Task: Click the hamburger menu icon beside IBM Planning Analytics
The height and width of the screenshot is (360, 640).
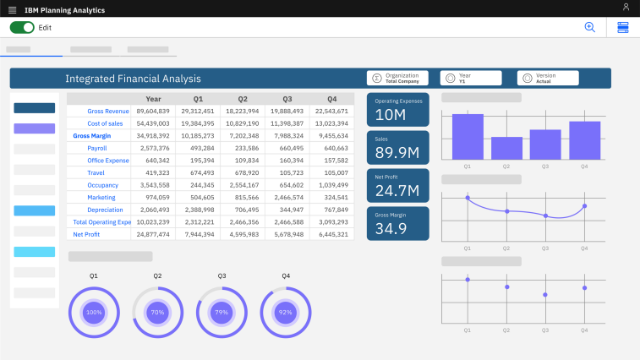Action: (x=12, y=8)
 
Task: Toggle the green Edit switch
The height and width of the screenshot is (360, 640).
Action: (x=22, y=27)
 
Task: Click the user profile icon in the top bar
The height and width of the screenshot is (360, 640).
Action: (x=626, y=8)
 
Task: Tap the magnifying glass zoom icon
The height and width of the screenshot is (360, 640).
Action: (x=590, y=27)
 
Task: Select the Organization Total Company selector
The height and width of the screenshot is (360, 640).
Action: (x=397, y=78)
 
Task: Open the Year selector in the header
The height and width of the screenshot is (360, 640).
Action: (x=470, y=78)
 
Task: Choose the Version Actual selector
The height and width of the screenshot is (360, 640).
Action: (x=547, y=78)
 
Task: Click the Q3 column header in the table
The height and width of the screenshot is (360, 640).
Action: (x=287, y=99)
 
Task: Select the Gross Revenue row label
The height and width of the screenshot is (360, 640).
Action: (x=108, y=111)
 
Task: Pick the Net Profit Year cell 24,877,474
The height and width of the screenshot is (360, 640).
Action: (x=153, y=234)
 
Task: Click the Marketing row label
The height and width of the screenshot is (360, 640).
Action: (x=101, y=197)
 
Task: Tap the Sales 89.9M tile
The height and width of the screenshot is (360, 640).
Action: (x=397, y=147)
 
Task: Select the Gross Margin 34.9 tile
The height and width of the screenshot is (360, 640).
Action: (x=397, y=223)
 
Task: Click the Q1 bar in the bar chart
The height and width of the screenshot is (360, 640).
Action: (x=468, y=137)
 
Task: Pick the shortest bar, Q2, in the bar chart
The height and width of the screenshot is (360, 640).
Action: (x=506, y=149)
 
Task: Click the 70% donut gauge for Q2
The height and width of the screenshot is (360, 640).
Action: (x=157, y=312)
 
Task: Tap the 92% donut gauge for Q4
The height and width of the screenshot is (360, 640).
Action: (x=286, y=312)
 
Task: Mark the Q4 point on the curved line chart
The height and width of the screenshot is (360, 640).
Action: (x=584, y=206)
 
